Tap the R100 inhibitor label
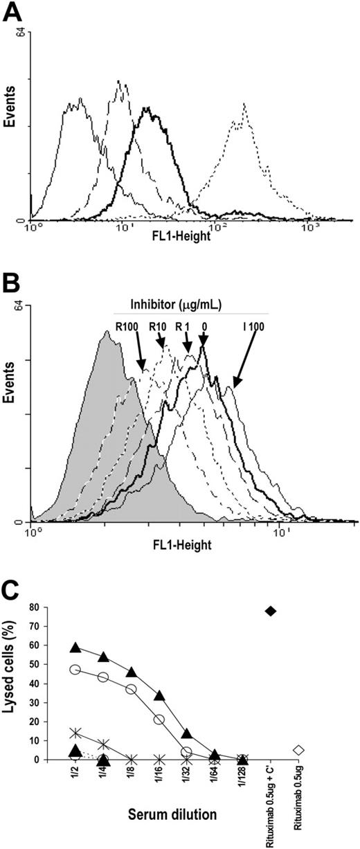click(127, 325)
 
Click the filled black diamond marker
click(271, 610)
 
